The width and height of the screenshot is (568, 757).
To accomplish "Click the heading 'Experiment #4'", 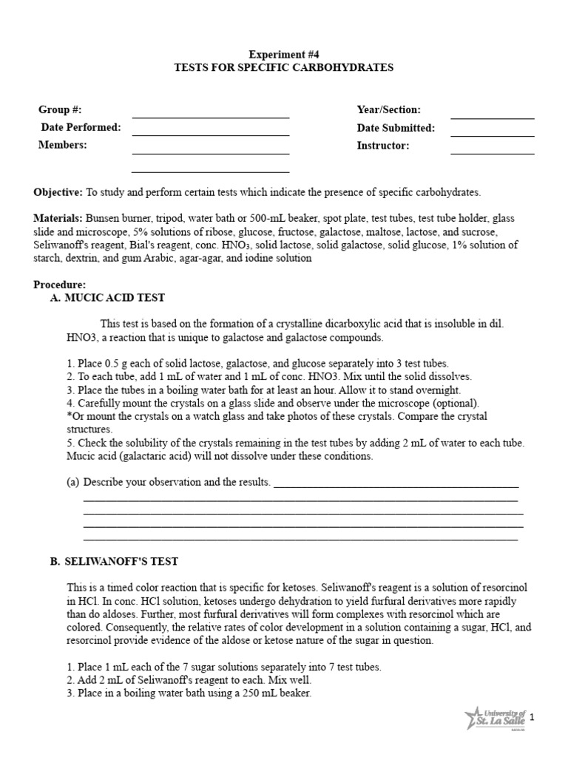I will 283,54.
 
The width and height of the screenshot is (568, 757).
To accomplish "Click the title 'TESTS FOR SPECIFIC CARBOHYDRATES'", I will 283,67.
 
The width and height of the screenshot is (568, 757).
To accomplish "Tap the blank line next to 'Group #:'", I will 210,116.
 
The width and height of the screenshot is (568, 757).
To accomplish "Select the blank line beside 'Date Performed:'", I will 210,135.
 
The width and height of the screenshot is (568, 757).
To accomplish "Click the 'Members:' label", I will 62,145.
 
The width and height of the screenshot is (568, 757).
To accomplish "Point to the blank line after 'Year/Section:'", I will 492,117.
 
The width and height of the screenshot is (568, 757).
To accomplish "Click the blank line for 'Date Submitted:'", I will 492,135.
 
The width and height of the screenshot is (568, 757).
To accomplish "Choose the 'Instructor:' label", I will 382,146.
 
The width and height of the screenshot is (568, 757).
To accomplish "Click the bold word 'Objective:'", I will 58,192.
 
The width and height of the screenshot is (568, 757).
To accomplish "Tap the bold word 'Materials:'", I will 58,220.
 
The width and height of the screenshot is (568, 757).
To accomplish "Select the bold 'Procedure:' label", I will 59,285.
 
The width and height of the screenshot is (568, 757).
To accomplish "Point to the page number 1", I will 531,717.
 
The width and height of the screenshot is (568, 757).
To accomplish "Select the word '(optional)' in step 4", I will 456,403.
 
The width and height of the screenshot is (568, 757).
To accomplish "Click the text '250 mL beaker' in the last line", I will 280,693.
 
